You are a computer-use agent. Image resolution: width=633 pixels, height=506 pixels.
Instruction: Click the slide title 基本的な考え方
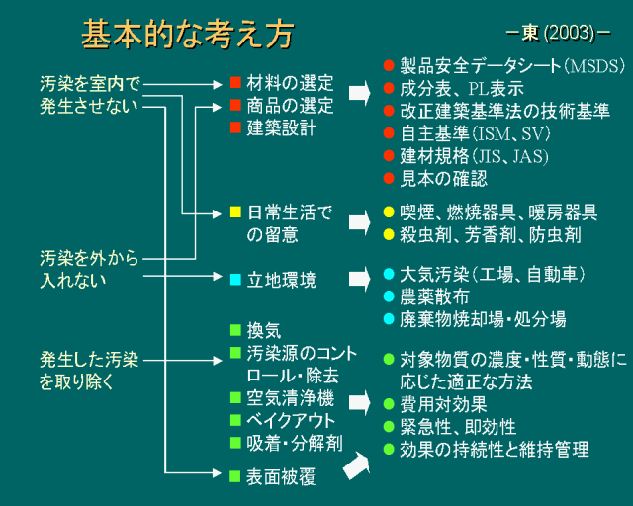187,37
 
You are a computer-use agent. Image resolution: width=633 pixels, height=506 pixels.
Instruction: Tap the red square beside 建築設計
235,127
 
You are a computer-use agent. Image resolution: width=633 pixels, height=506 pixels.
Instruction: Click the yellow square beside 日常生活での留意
235,211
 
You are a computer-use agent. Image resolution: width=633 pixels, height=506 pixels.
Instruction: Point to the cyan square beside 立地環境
235,280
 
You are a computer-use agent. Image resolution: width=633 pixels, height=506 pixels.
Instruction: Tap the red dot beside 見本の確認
389,178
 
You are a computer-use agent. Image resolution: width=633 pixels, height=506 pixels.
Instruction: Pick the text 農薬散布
434,295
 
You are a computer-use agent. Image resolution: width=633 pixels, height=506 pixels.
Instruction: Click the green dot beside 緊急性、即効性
389,427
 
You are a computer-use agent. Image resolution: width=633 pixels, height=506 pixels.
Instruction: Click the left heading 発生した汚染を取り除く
90,369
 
